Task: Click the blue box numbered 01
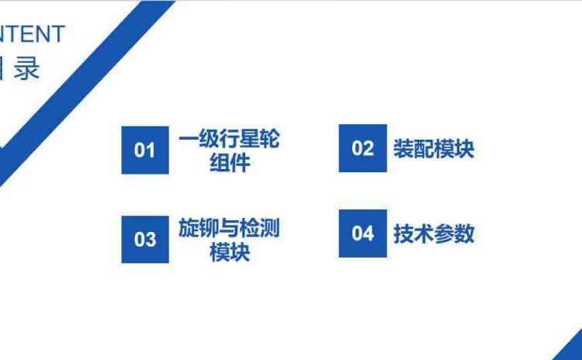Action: (145, 150)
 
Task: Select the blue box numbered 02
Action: (362, 148)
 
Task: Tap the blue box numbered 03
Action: (145, 240)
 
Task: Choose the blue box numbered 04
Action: (362, 234)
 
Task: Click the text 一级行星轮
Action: (229, 140)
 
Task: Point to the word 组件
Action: (229, 163)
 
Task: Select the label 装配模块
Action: (433, 149)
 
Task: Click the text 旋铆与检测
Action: (229, 229)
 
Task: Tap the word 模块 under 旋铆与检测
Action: (229, 253)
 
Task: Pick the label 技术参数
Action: (433, 234)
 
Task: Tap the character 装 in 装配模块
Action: (404, 149)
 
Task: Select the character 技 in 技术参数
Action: (404, 234)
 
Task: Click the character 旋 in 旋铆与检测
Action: (189, 229)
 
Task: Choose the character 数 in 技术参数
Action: (464, 234)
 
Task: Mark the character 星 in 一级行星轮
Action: (249, 140)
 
